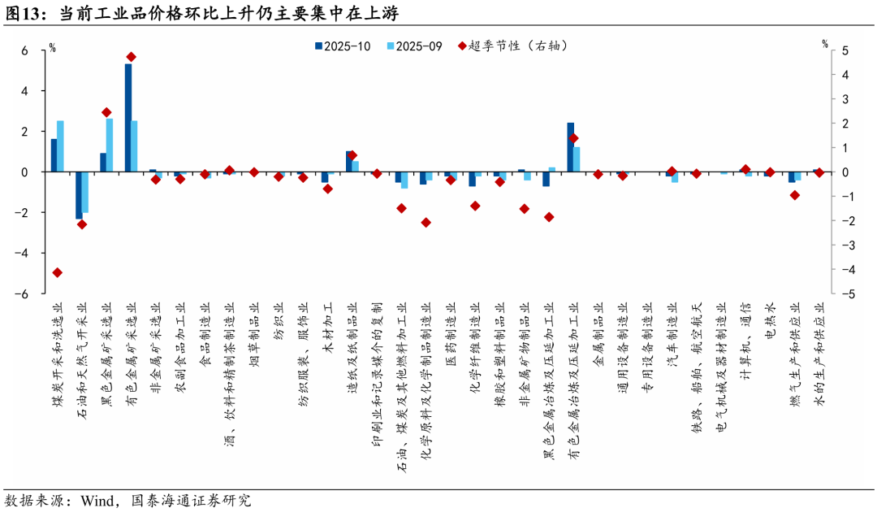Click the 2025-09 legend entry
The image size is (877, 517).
coord(415,46)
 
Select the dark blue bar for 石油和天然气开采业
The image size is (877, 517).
coord(79,195)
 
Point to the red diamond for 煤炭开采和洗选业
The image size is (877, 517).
coord(58,272)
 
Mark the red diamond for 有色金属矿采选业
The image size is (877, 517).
coord(132,57)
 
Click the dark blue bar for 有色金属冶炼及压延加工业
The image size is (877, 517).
coord(571,147)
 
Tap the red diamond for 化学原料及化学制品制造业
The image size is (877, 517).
coord(426,222)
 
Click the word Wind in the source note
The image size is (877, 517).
coord(97,500)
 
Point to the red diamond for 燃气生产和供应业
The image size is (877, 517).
coord(795,195)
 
